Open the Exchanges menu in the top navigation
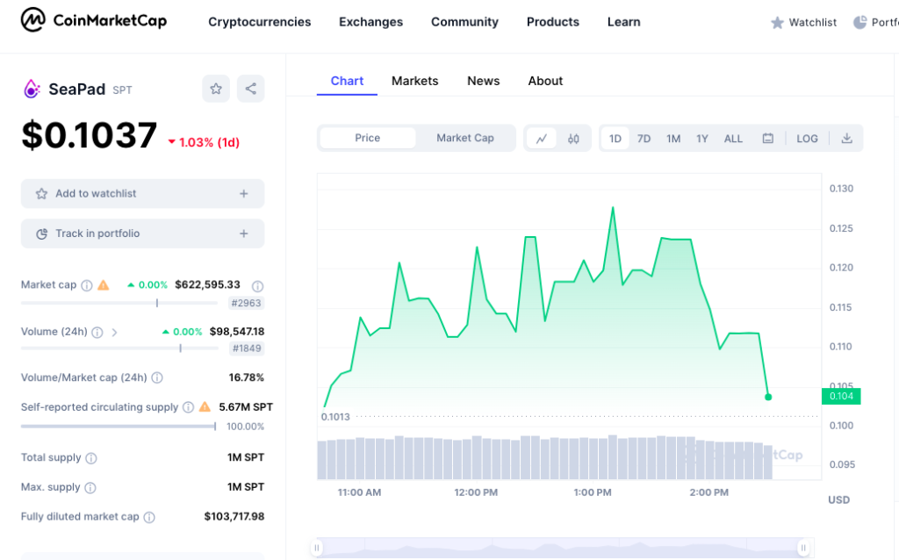pos(370,22)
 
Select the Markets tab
pos(414,81)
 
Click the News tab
pos(483,81)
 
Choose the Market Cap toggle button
pos(464,138)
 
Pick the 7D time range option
pos(644,139)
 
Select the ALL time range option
pos(733,139)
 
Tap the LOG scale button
pos(807,139)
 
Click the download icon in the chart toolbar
pos(846,139)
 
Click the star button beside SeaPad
pos(216,89)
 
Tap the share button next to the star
pos(250,89)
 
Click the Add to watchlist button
pos(142,194)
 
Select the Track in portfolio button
pos(142,233)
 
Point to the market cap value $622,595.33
pos(207,284)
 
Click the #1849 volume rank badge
pos(247,348)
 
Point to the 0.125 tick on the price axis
pos(841,228)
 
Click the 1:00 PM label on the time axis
pos(593,492)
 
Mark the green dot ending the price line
pos(768,397)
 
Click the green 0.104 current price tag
pos(840,396)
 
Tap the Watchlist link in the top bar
pos(803,23)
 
